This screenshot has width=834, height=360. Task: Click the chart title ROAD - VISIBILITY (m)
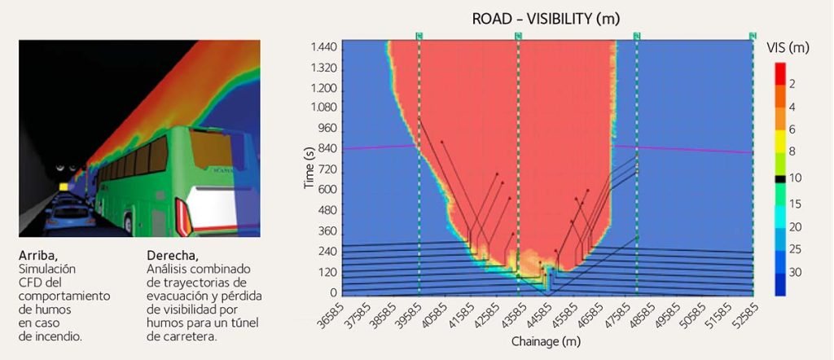(x=546, y=19)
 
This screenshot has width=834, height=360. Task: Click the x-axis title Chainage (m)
(x=545, y=342)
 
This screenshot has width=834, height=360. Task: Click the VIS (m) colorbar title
(x=788, y=48)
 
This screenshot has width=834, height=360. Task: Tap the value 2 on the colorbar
(x=792, y=84)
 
